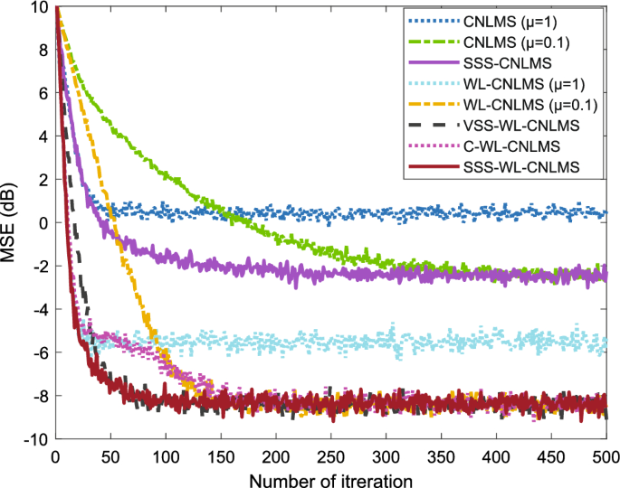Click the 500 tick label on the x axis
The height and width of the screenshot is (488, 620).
point(605,455)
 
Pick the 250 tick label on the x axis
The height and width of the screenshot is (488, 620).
point(330,455)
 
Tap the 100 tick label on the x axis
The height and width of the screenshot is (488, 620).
point(166,455)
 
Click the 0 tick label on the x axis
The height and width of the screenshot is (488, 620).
point(56,455)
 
